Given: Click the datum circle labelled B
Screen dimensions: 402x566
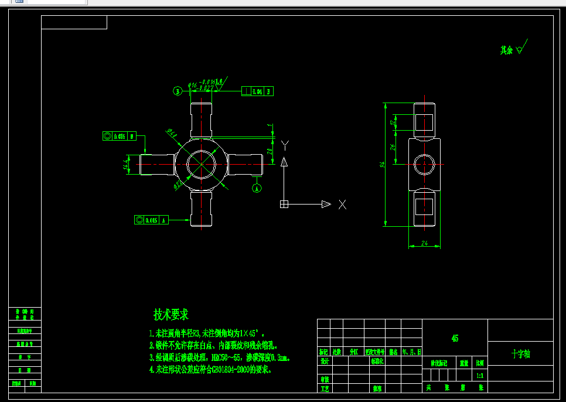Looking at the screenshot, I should (x=178, y=91).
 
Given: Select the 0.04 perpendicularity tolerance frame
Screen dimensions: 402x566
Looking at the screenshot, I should (x=258, y=91).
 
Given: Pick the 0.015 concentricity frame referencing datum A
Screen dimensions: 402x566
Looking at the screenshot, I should (x=151, y=220).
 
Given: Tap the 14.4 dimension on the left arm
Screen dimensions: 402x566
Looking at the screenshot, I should (x=126, y=165).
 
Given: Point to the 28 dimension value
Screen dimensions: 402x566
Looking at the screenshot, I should (x=270, y=151).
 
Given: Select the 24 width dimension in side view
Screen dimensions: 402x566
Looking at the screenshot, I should (x=424, y=243).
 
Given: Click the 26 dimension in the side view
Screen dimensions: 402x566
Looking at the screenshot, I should (x=393, y=147).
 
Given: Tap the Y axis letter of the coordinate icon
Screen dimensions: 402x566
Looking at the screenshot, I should (x=285, y=145).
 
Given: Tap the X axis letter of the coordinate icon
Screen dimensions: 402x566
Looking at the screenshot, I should (x=342, y=205).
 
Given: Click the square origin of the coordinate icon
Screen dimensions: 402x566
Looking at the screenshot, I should (x=284, y=205).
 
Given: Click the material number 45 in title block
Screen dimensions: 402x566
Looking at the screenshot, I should (x=455, y=338).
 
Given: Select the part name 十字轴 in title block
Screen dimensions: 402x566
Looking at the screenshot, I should (x=520, y=354).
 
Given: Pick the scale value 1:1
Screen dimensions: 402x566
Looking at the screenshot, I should (x=480, y=376).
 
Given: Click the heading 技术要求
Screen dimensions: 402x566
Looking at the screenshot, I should (x=171, y=315).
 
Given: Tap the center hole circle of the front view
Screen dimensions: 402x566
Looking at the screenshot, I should (x=201, y=163).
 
